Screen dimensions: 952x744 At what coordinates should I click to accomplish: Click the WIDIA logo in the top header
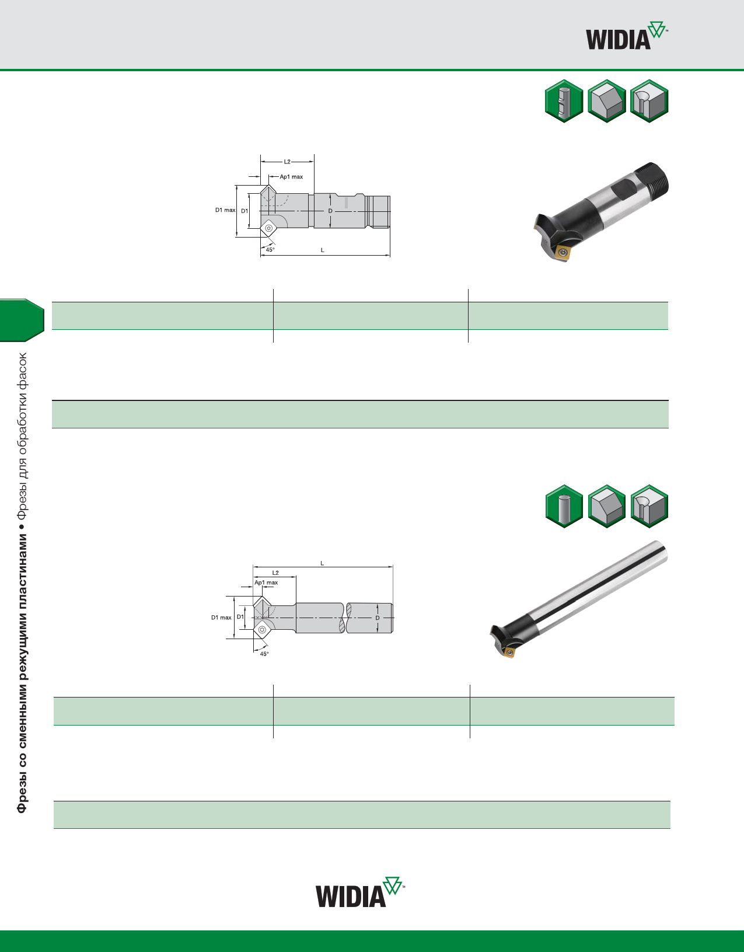626,37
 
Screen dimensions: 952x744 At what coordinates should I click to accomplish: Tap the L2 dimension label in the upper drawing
287,162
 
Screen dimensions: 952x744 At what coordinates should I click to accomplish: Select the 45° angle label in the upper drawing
270,250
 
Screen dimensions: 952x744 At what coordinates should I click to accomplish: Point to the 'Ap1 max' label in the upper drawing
291,177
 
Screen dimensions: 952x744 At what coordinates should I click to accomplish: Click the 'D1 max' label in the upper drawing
225,210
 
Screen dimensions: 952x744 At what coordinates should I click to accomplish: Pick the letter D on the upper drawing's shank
330,211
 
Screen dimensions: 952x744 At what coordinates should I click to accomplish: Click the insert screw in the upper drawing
268,228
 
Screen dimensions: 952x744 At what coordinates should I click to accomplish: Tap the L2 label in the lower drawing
275,573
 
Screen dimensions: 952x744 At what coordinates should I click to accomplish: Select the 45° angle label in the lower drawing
264,654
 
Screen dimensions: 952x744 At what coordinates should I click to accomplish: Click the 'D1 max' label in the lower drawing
221,618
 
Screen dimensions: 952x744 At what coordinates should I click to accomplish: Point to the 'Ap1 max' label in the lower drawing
266,583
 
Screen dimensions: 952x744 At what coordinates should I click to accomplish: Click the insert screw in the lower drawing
262,629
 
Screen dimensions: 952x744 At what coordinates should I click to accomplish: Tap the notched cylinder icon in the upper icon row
564,101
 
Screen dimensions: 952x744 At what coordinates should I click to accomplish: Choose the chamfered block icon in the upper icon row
607,101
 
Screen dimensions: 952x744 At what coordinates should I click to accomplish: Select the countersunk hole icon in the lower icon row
649,507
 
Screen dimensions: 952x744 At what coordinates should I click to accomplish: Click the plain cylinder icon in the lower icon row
564,507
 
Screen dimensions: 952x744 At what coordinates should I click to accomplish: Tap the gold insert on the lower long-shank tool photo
509,652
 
